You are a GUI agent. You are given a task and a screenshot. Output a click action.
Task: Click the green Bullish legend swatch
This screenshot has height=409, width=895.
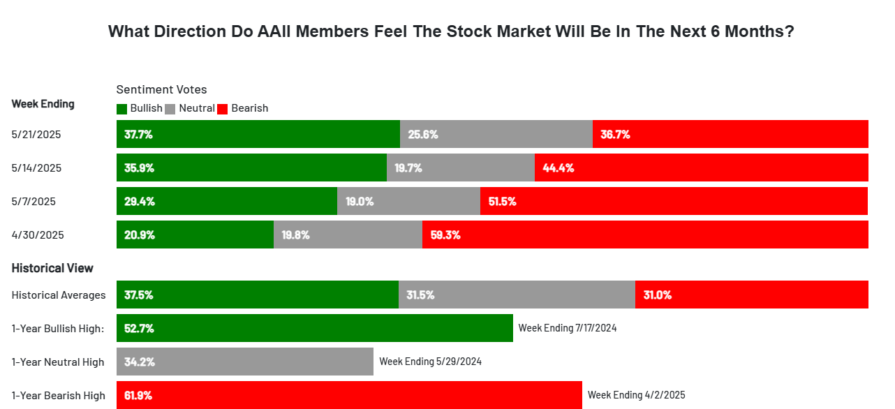[121, 109]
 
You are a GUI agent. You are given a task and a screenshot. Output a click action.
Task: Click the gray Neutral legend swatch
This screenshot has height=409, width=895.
[170, 109]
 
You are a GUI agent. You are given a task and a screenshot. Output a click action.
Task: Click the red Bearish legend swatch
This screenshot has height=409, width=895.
[223, 109]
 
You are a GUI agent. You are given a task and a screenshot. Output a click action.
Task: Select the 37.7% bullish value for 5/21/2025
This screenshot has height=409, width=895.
[138, 135]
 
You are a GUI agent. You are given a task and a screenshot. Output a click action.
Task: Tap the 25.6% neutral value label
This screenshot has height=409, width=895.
[423, 135]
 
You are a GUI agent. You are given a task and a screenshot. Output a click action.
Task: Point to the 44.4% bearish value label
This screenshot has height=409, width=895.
[558, 168]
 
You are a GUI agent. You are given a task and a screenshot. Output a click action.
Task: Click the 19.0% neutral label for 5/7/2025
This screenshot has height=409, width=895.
[360, 202]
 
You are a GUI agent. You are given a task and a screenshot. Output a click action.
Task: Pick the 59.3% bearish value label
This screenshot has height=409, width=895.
[445, 235]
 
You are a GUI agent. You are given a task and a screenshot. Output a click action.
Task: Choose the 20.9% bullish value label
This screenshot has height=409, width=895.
[140, 235]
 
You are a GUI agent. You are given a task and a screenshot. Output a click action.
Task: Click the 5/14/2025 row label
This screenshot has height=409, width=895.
[36, 168]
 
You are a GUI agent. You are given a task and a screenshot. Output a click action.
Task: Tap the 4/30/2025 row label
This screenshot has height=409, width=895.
[38, 235]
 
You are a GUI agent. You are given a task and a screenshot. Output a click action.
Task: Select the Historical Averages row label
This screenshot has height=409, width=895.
[59, 295]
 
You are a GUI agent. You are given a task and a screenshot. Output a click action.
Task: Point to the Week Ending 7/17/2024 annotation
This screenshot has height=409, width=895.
[568, 328]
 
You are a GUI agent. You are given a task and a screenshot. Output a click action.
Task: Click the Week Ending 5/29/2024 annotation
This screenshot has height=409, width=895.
[430, 362]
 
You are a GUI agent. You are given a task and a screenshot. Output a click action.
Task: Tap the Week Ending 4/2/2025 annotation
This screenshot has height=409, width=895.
[636, 395]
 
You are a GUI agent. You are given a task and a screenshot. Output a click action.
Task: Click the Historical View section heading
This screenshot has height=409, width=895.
[52, 268]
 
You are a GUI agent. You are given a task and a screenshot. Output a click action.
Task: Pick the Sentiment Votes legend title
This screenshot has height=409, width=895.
[161, 89]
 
